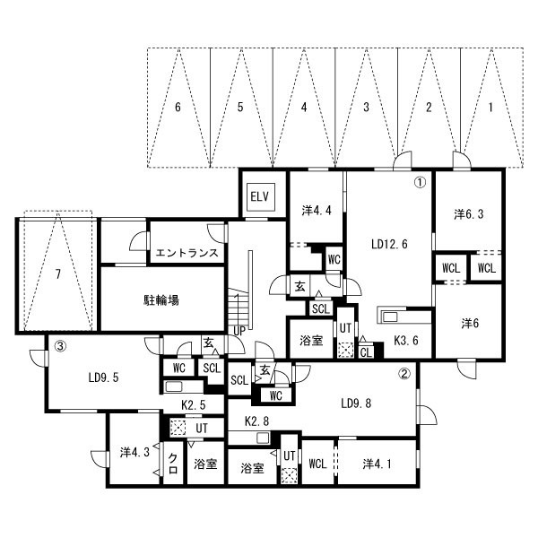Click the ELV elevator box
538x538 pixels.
[x=262, y=197]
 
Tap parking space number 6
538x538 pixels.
[x=178, y=108]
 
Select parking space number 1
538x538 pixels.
[x=490, y=108]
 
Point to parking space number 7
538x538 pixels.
[x=58, y=274]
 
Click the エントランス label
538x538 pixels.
[x=187, y=253]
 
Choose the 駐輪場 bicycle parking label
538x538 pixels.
[x=161, y=300]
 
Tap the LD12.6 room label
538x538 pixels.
[x=390, y=244]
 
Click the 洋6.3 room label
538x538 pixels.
[x=469, y=214]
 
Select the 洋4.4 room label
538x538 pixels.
[x=317, y=211]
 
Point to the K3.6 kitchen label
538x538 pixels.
[x=406, y=341]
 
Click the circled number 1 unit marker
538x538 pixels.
[x=421, y=182]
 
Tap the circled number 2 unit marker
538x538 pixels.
[x=405, y=374]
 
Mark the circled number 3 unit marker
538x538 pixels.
[x=60, y=346]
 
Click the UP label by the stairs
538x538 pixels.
[x=239, y=331]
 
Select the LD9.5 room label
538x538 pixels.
[x=104, y=377]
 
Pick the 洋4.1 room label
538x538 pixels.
[x=377, y=464]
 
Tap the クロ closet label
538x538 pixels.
[x=173, y=464]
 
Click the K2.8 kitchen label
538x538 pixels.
[x=256, y=421]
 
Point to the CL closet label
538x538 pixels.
[x=367, y=352]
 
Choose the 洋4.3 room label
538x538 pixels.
[x=134, y=453]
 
